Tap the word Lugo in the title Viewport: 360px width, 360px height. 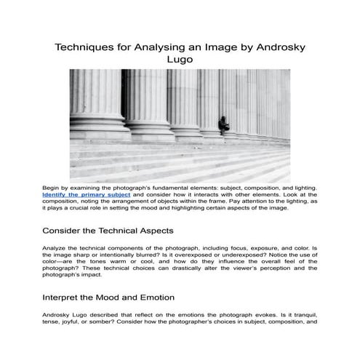coord(179,61)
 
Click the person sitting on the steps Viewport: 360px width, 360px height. coord(228,121)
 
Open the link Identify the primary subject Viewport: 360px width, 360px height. coord(87,196)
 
